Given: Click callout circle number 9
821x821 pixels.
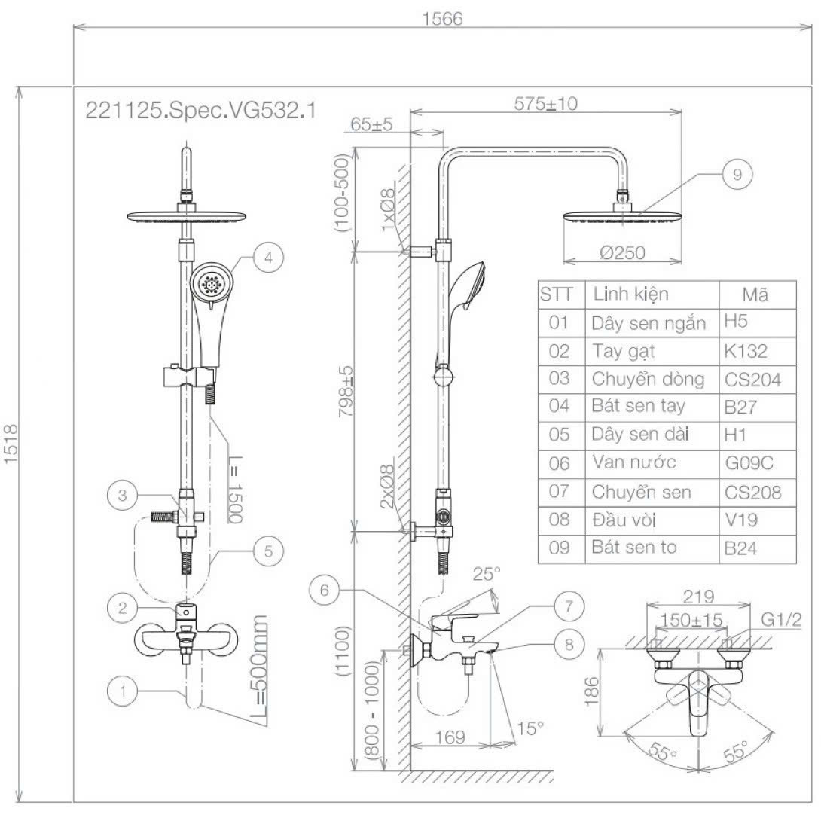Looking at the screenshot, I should [x=737, y=175].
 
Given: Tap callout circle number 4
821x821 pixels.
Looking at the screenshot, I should [x=268, y=256].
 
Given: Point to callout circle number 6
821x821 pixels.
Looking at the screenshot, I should [x=325, y=591].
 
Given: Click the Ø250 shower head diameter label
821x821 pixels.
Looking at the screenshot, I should [x=622, y=253].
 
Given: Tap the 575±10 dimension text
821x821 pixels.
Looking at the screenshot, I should [x=546, y=103].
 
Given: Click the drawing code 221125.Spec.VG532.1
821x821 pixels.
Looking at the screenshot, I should [x=200, y=111].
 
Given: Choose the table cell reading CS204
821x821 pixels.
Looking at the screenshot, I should [x=753, y=379].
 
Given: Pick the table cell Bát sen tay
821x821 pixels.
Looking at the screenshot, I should [x=638, y=406].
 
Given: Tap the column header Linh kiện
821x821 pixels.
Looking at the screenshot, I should [x=630, y=294].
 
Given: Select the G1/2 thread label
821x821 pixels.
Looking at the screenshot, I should [x=780, y=619].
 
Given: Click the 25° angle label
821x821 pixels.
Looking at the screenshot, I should [x=487, y=574].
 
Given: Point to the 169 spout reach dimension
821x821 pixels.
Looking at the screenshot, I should [x=450, y=737].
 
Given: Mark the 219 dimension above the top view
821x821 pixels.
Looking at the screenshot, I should [x=698, y=597].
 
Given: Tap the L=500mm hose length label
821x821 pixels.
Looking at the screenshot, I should [x=260, y=669].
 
